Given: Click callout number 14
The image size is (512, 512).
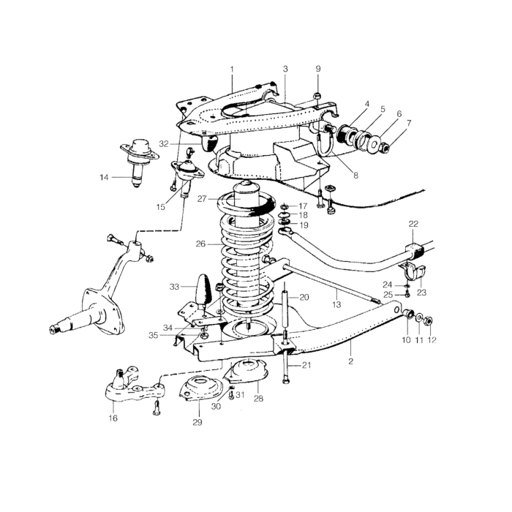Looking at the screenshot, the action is point(104,178).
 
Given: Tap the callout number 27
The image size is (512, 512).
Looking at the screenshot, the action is point(202,199).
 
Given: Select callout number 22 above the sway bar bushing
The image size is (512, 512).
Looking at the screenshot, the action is point(413,224).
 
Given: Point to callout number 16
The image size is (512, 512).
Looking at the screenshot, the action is point(113,418).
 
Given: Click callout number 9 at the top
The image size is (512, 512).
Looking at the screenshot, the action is point(318,69).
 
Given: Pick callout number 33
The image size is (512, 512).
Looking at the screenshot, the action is point(174,287).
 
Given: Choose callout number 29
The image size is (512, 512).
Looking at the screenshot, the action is point(197,422).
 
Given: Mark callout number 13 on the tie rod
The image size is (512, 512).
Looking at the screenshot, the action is point(336,305).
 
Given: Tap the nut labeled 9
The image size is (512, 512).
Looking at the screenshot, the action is point(317,96).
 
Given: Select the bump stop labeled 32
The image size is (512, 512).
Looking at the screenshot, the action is point(209,143).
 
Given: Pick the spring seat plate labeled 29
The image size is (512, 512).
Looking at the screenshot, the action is point(200,389).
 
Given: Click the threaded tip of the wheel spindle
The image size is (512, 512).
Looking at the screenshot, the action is point(53,330).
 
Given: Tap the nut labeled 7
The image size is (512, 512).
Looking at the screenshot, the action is point(385,149).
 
